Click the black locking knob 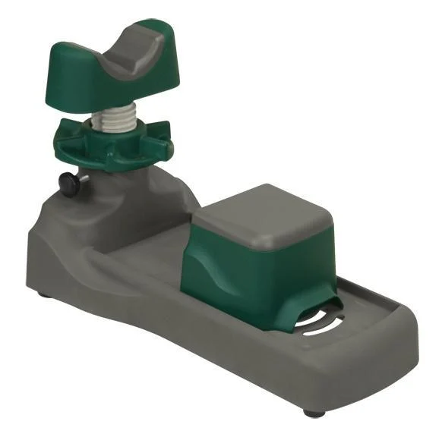(x=68, y=184)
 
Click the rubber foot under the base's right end (x=312, y=413)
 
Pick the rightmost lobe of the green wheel (x=166, y=142)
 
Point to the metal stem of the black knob (x=83, y=179)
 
